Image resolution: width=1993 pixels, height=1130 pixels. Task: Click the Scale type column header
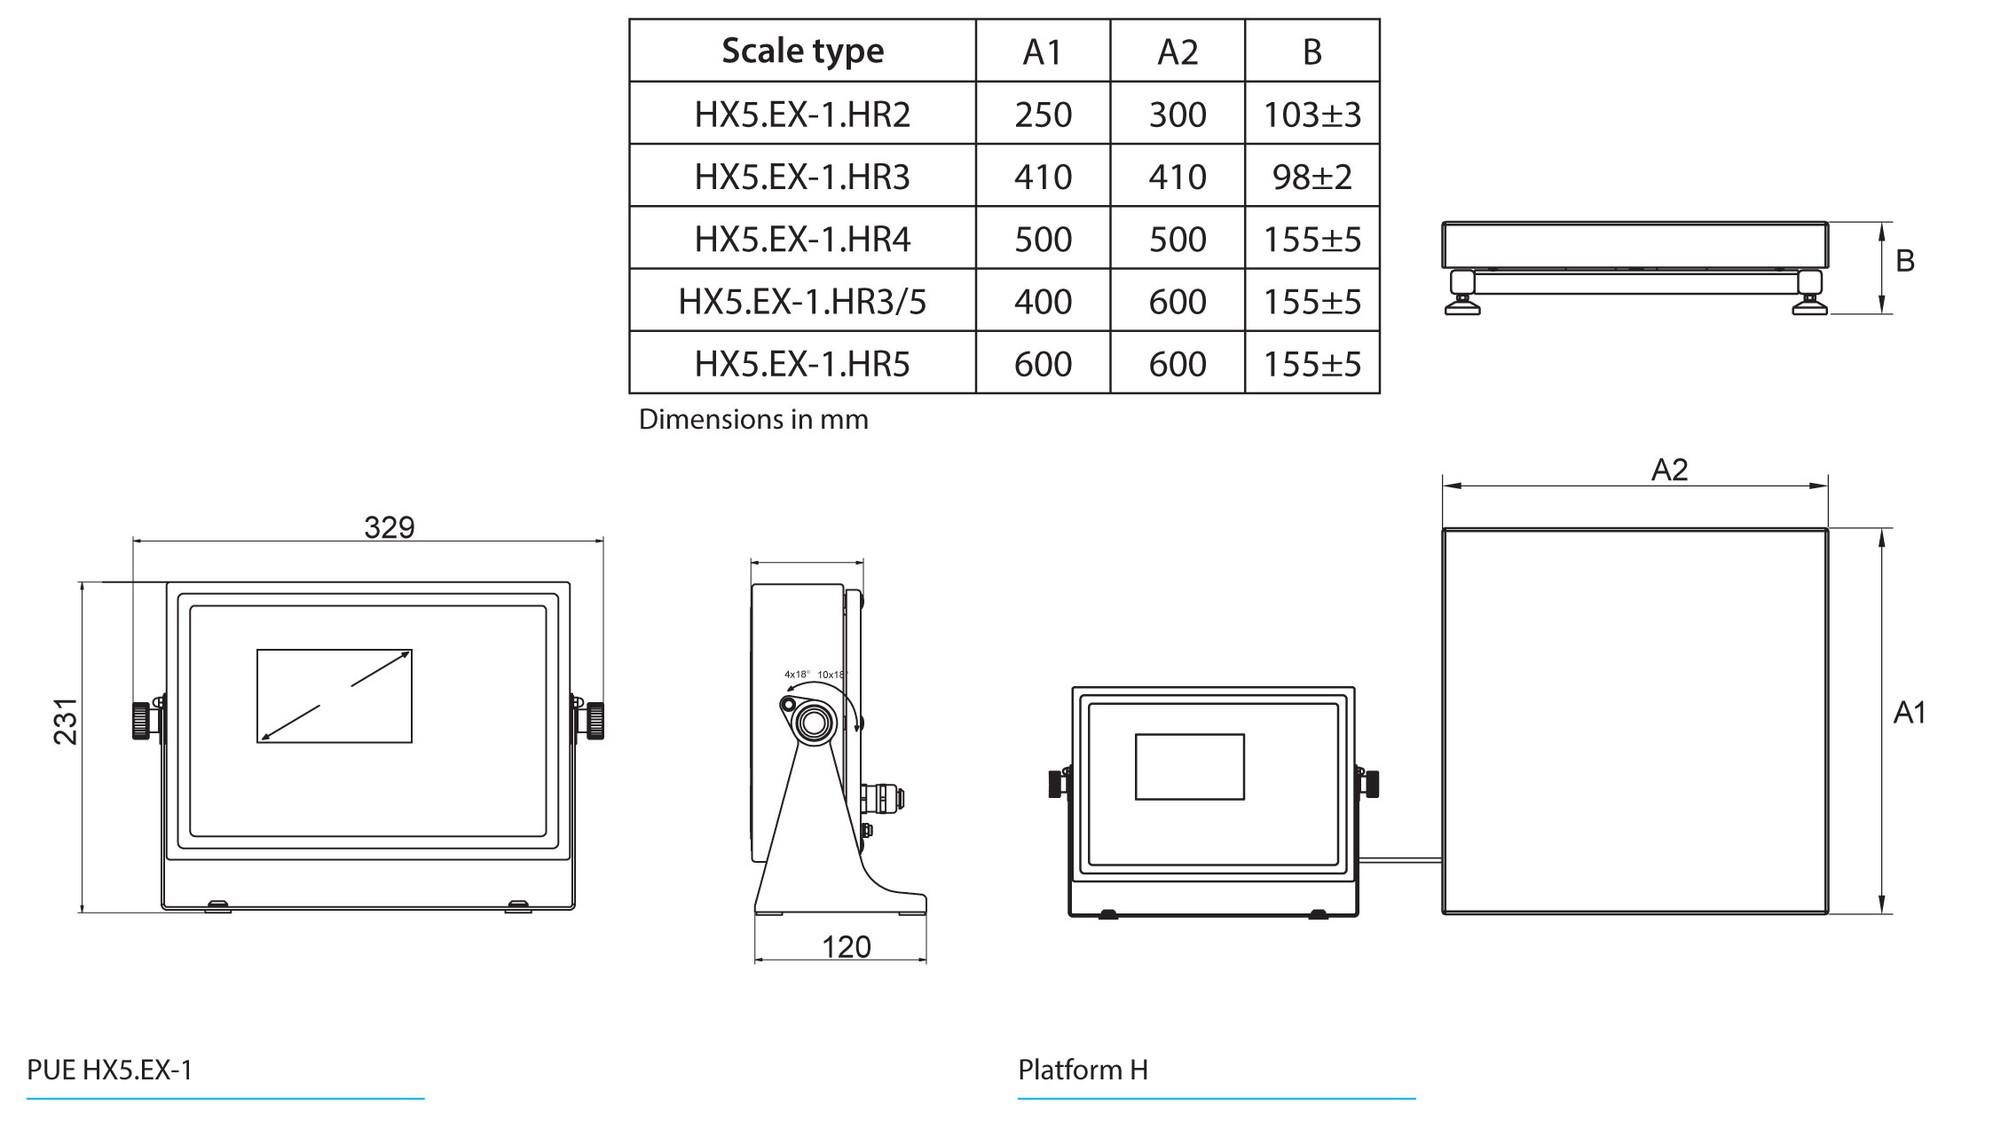coord(802,51)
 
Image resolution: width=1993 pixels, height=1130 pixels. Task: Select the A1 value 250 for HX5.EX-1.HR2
coord(1043,115)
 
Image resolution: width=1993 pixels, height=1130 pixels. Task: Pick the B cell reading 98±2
coord(1312,177)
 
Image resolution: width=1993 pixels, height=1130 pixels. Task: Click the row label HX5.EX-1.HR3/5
coord(802,302)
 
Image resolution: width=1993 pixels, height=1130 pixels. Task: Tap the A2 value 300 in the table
coord(1178,115)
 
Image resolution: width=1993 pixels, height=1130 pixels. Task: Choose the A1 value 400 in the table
coord(1043,302)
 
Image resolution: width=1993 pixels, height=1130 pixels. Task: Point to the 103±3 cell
coord(1312,115)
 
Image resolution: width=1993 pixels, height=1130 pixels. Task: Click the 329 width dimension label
coord(389,527)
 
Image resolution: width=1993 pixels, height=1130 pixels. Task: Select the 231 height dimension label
coord(66,721)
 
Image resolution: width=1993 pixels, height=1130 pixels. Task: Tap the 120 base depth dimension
coord(846,947)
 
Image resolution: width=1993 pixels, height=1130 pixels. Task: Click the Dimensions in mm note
coord(753,419)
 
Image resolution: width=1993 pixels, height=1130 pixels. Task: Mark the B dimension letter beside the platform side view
coord(1904,261)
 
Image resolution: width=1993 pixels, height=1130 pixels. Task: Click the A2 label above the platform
coord(1669,470)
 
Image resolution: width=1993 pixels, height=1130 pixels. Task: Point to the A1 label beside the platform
coord(1909,713)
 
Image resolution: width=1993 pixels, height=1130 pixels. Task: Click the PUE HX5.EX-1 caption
coord(110,1070)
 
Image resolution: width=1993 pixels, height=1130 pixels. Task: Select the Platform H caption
coord(1083,1070)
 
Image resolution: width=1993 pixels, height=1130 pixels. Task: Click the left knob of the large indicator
coord(141,720)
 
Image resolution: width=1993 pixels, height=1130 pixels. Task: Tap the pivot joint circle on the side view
coord(813,723)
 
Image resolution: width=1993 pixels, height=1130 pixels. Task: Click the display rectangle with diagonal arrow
coord(335,696)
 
